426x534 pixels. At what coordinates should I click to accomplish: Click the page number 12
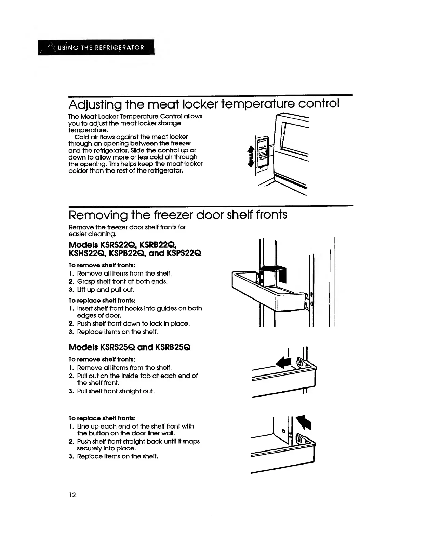pos(72,495)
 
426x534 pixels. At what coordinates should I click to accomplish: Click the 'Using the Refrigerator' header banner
pos(97,48)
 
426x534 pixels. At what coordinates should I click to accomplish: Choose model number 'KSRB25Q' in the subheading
pos(173,347)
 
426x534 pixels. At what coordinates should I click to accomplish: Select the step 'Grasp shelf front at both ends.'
pos(122,281)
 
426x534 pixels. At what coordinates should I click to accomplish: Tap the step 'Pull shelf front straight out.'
pos(116,391)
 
